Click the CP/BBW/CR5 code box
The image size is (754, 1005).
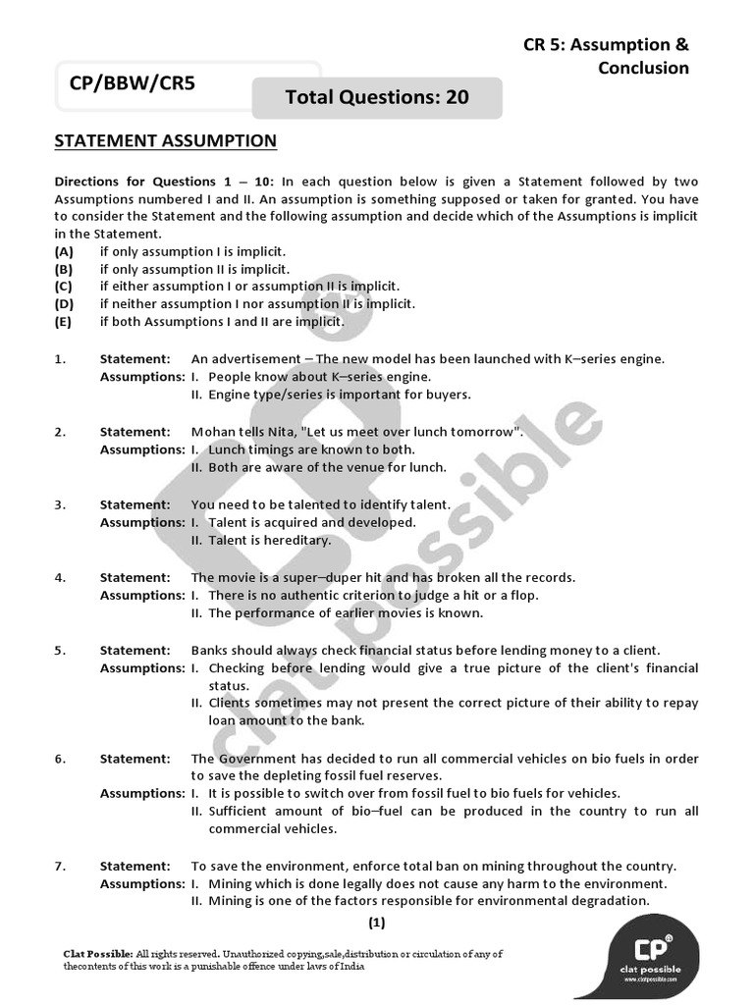(x=133, y=84)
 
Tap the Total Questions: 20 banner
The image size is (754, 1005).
(x=377, y=96)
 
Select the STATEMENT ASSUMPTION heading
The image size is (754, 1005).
(x=165, y=141)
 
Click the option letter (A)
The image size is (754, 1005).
(x=64, y=251)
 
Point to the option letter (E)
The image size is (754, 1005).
(x=64, y=322)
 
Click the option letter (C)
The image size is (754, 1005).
(x=64, y=287)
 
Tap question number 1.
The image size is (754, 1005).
(x=60, y=359)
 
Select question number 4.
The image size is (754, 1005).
(x=60, y=577)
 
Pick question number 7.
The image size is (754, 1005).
(x=60, y=867)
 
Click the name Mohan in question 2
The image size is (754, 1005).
(x=211, y=432)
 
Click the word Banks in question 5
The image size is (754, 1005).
(x=210, y=650)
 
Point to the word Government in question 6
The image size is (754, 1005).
(x=257, y=759)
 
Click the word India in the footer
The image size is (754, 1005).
(x=350, y=966)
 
